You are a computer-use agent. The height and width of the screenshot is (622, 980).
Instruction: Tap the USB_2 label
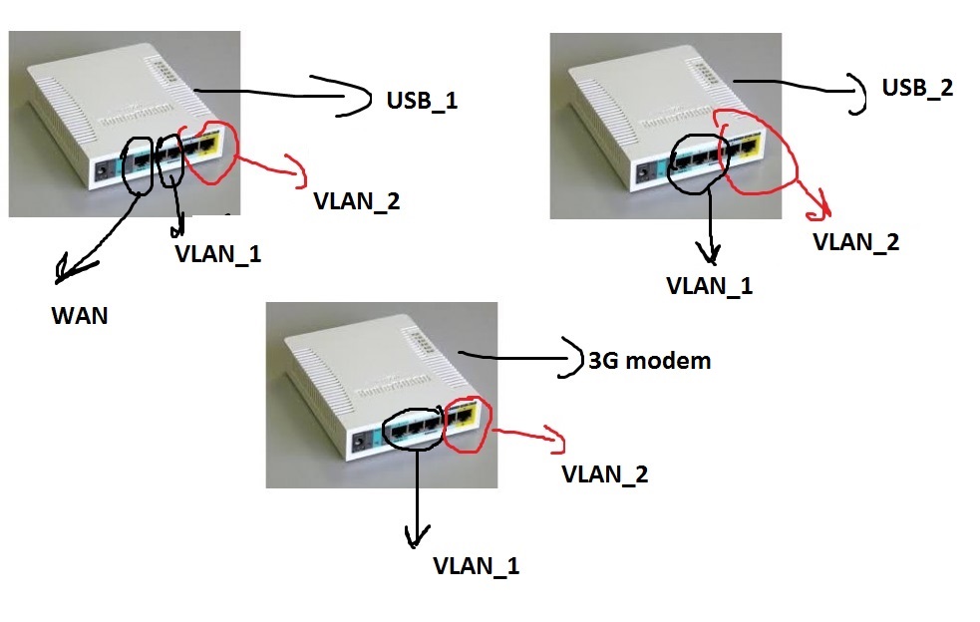(917, 88)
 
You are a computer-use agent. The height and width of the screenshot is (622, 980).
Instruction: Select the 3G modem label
(650, 360)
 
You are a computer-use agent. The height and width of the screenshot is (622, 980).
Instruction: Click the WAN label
(80, 317)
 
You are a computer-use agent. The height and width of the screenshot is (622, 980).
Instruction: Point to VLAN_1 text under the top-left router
(216, 253)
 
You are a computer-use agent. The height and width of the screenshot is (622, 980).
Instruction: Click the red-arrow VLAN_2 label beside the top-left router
(356, 200)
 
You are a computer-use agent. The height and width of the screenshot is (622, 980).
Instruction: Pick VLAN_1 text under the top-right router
(709, 286)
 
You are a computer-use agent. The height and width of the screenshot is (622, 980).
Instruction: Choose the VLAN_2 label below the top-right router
(856, 240)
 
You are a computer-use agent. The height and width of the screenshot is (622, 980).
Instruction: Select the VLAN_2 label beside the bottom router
(605, 473)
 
